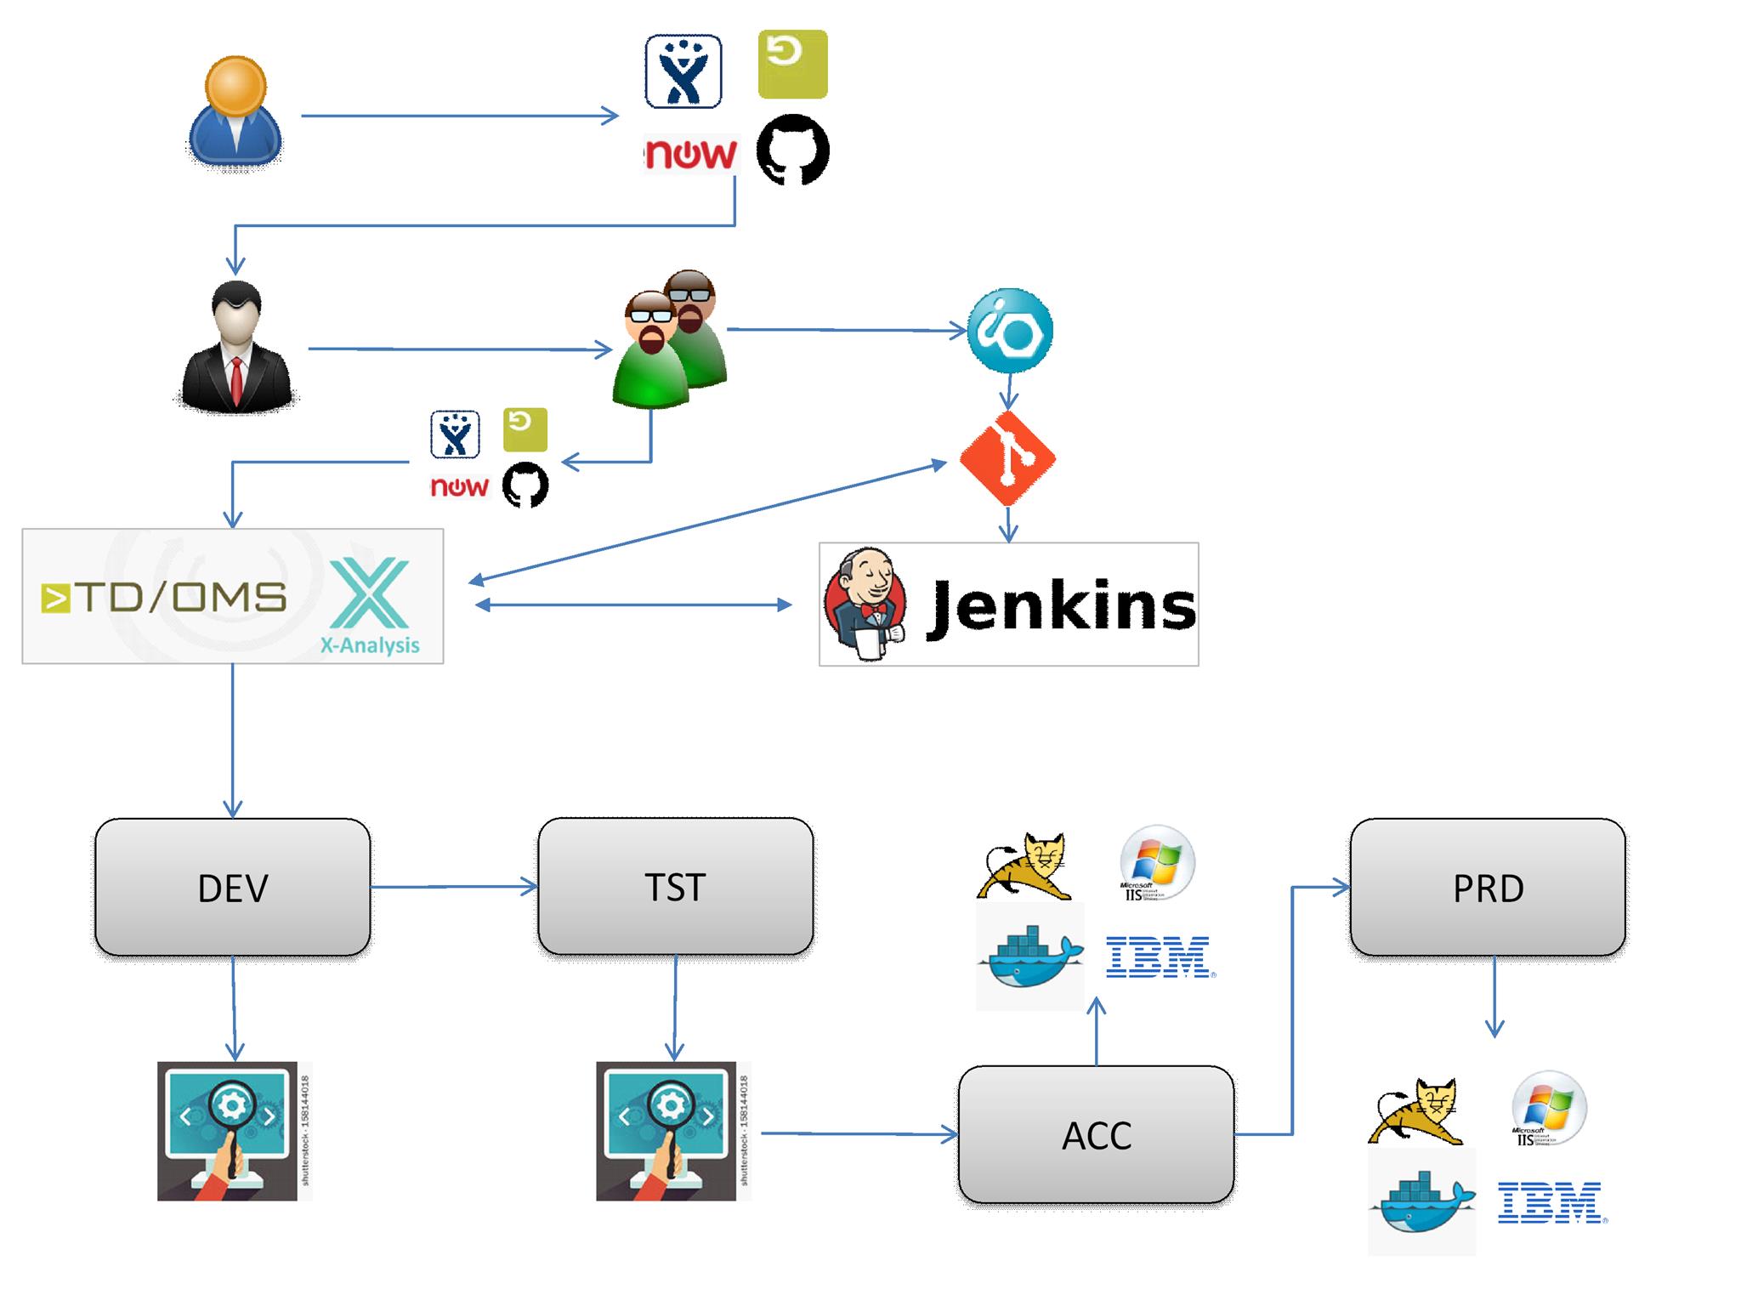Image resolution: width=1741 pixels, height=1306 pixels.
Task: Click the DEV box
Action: (x=232, y=888)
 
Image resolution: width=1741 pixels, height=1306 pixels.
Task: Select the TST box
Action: (x=675, y=887)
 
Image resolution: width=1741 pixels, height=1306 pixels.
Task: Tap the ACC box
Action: (x=1096, y=1135)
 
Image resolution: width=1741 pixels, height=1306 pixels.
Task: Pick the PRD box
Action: (x=1488, y=888)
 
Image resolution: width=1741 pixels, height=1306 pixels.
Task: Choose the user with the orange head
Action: (x=235, y=111)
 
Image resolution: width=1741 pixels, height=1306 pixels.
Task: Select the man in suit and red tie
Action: (x=235, y=349)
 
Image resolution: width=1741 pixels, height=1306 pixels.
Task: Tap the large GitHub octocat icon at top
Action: (x=792, y=150)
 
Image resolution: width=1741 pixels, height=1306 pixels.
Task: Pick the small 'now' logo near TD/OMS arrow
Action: (x=459, y=486)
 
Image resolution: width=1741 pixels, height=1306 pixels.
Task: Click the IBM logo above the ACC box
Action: (x=1158, y=957)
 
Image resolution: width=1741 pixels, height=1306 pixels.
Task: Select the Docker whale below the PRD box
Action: (x=1421, y=1201)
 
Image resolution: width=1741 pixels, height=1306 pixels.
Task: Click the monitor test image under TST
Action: (x=667, y=1131)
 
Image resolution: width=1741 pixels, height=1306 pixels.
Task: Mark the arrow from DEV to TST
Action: (x=455, y=888)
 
